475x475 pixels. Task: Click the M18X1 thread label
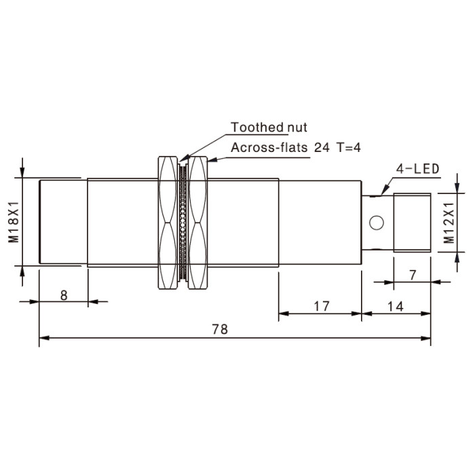[x=14, y=222]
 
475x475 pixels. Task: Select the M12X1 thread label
[x=449, y=223]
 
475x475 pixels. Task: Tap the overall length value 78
[x=220, y=329]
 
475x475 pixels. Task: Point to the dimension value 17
[x=321, y=306]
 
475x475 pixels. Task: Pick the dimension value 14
[x=396, y=307]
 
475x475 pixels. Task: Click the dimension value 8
[x=64, y=295]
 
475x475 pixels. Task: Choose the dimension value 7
[x=413, y=275]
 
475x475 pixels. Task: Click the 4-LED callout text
[x=418, y=169]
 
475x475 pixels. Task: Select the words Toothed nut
[x=269, y=128]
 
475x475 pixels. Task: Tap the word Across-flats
[x=269, y=147]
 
